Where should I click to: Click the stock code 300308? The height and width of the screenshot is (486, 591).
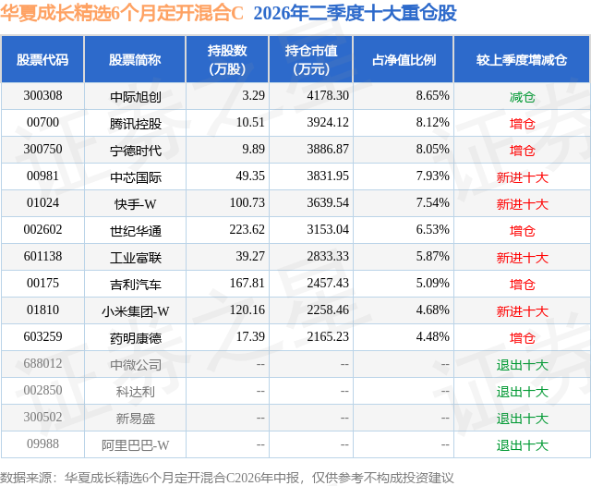click(42, 95)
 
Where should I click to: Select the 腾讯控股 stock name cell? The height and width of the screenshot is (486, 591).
click(136, 123)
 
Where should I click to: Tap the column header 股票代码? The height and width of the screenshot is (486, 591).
click(42, 59)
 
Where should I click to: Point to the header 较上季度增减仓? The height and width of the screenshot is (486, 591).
click(522, 59)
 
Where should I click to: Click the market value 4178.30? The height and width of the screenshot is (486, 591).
click(328, 95)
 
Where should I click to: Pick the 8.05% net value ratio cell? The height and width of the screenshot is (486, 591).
click(433, 149)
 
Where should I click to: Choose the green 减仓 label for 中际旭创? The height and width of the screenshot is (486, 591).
click(522, 97)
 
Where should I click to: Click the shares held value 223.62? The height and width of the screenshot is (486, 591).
click(247, 229)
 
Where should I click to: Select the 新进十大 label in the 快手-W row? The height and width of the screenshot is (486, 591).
click(522, 204)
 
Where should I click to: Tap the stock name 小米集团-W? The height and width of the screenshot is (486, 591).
click(136, 311)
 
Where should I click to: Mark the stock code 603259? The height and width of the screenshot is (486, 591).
click(42, 336)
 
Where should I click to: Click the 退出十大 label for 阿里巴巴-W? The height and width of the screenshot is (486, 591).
click(522, 445)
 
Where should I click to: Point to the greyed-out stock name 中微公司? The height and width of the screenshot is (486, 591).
click(136, 365)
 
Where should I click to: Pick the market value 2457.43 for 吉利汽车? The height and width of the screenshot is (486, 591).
click(328, 283)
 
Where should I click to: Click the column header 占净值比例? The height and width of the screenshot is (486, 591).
click(404, 59)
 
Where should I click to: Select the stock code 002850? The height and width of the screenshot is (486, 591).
click(42, 390)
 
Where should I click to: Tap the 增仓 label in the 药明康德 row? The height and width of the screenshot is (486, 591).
click(522, 338)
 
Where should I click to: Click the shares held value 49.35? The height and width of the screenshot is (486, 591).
click(250, 176)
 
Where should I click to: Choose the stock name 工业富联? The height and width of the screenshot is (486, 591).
click(136, 258)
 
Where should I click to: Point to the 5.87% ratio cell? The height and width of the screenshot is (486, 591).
click(433, 256)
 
